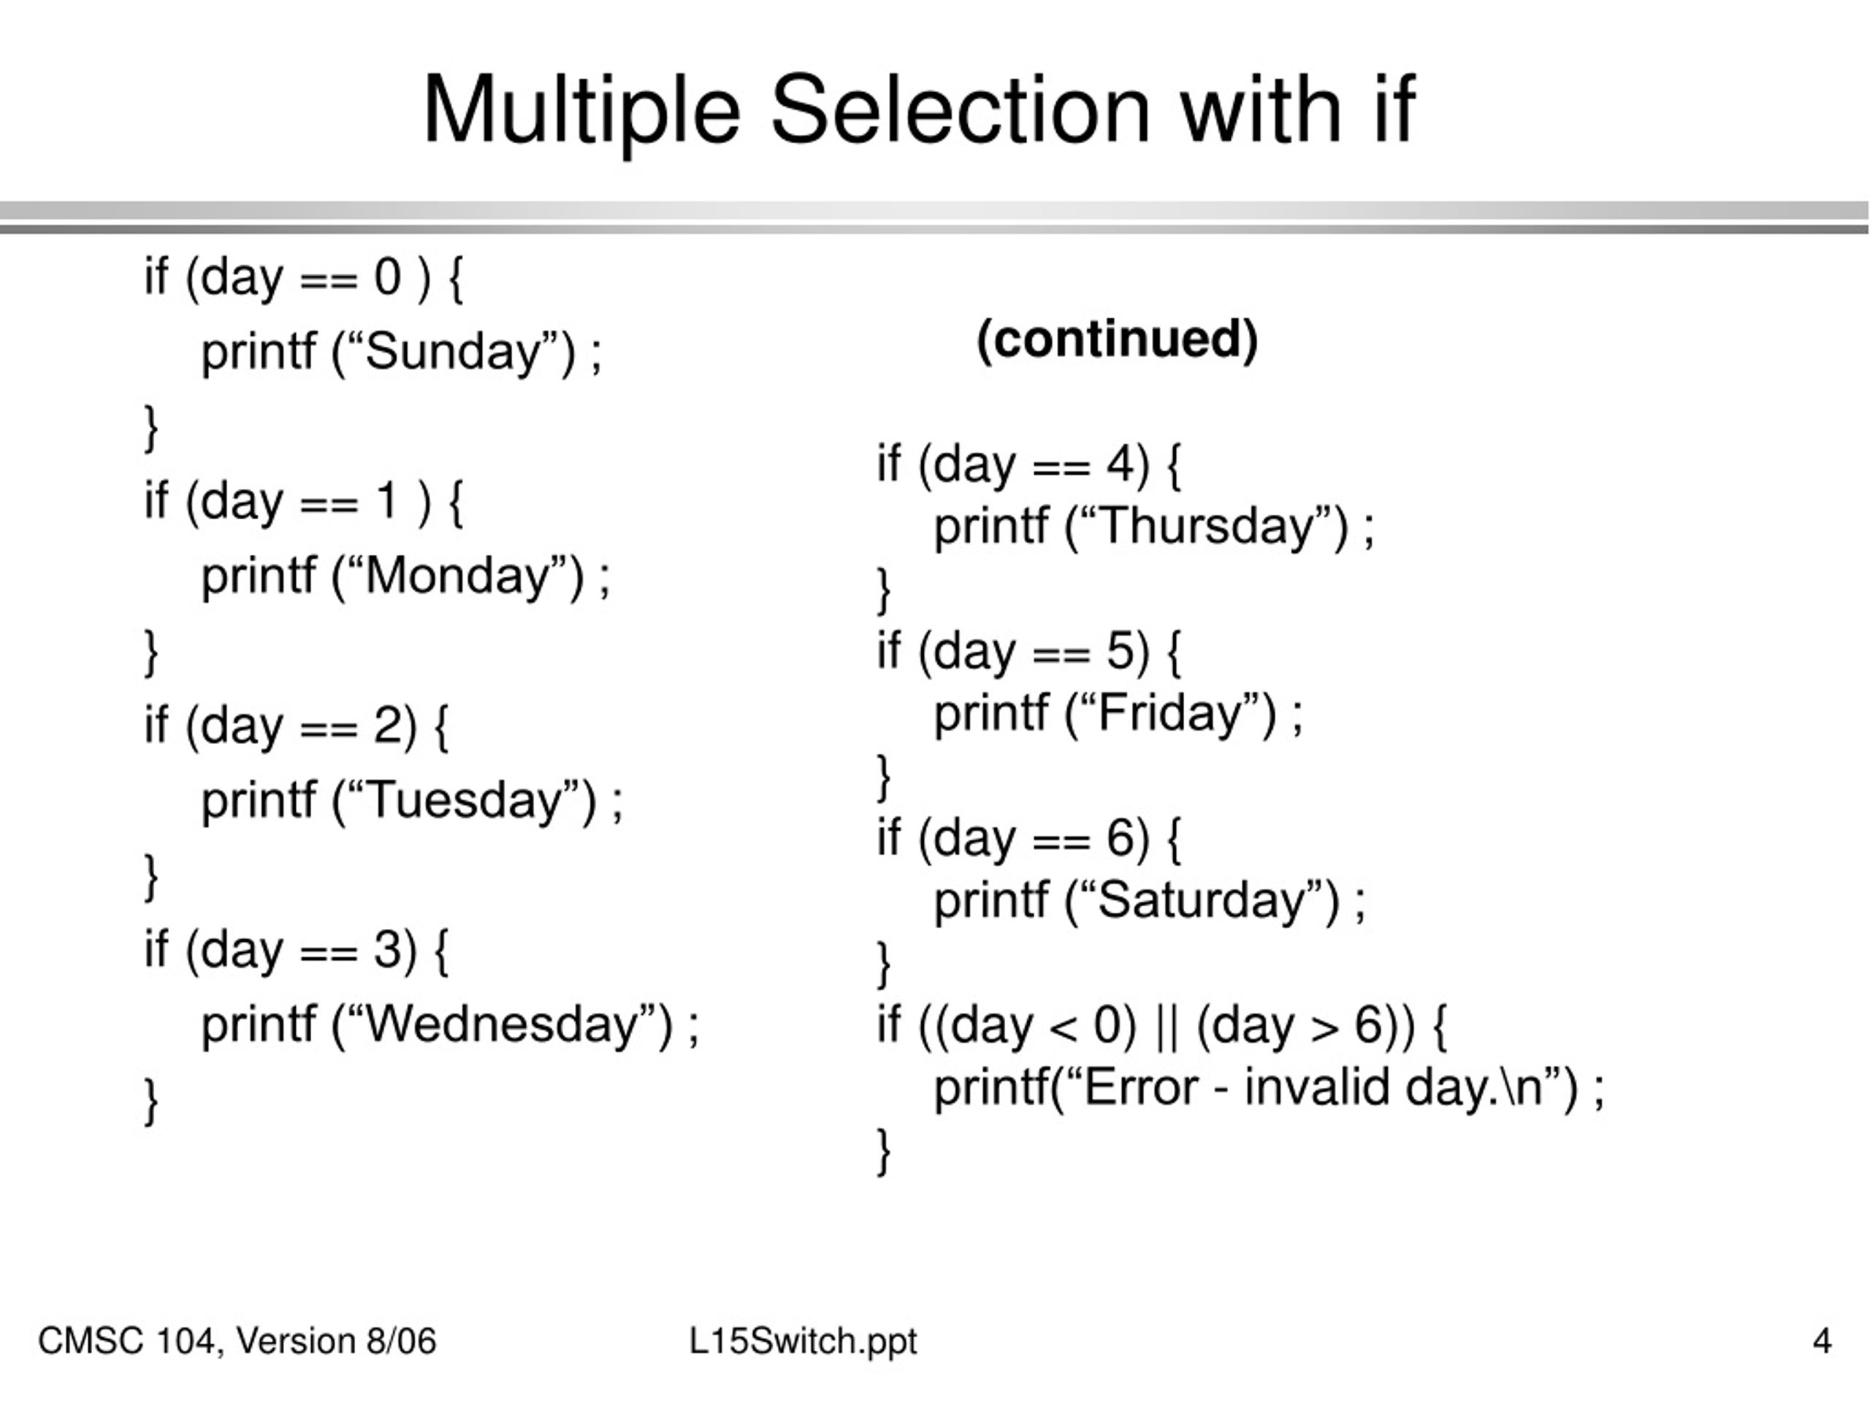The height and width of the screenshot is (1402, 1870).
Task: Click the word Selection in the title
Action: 960,110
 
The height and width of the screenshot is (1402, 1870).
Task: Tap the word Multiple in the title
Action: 581,110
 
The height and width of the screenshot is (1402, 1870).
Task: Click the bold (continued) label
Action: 1117,340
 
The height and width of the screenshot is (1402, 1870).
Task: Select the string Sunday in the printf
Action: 452,351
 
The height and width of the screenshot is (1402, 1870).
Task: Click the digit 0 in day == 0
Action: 387,277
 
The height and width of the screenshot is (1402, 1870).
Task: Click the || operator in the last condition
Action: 1166,1026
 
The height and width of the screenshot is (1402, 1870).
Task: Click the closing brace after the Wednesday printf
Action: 150,1100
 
